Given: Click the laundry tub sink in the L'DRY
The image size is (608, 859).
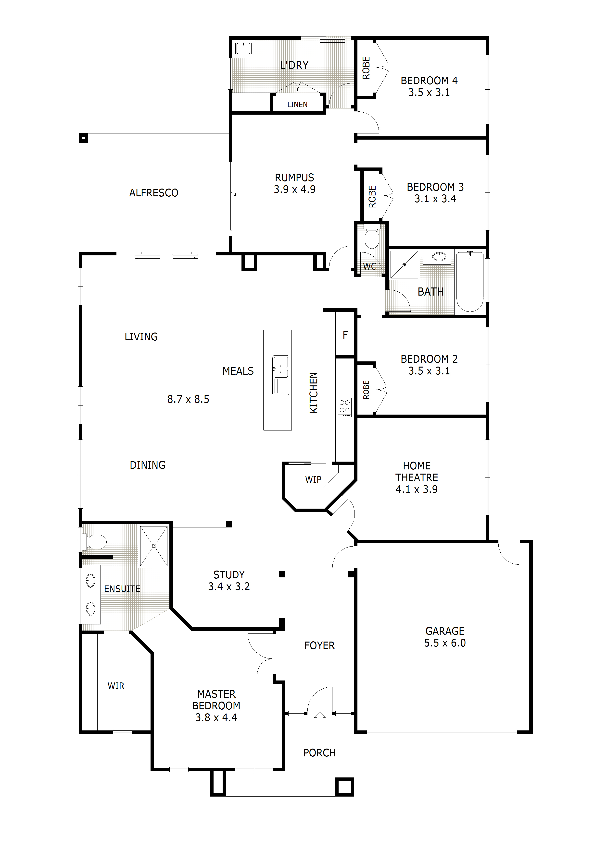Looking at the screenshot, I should tap(243, 49).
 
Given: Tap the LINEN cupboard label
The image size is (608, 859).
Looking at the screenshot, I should tap(297, 105).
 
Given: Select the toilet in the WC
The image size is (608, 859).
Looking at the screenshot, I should tap(372, 238).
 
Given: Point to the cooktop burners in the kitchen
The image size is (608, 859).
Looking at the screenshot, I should tap(345, 407).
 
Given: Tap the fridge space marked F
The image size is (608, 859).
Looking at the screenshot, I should tap(345, 335).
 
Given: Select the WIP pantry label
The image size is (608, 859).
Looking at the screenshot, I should tap(313, 479).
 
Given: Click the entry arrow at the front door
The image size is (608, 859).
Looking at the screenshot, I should tap(319, 719).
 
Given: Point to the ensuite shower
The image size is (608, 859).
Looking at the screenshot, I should tap(153, 547).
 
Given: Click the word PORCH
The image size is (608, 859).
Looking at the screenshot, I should tap(319, 752).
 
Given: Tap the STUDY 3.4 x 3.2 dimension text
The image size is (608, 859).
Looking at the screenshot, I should tap(229, 586).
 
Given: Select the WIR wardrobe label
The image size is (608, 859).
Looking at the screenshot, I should tap(116, 686).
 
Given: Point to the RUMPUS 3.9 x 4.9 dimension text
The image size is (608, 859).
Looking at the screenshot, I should tap(294, 189).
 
